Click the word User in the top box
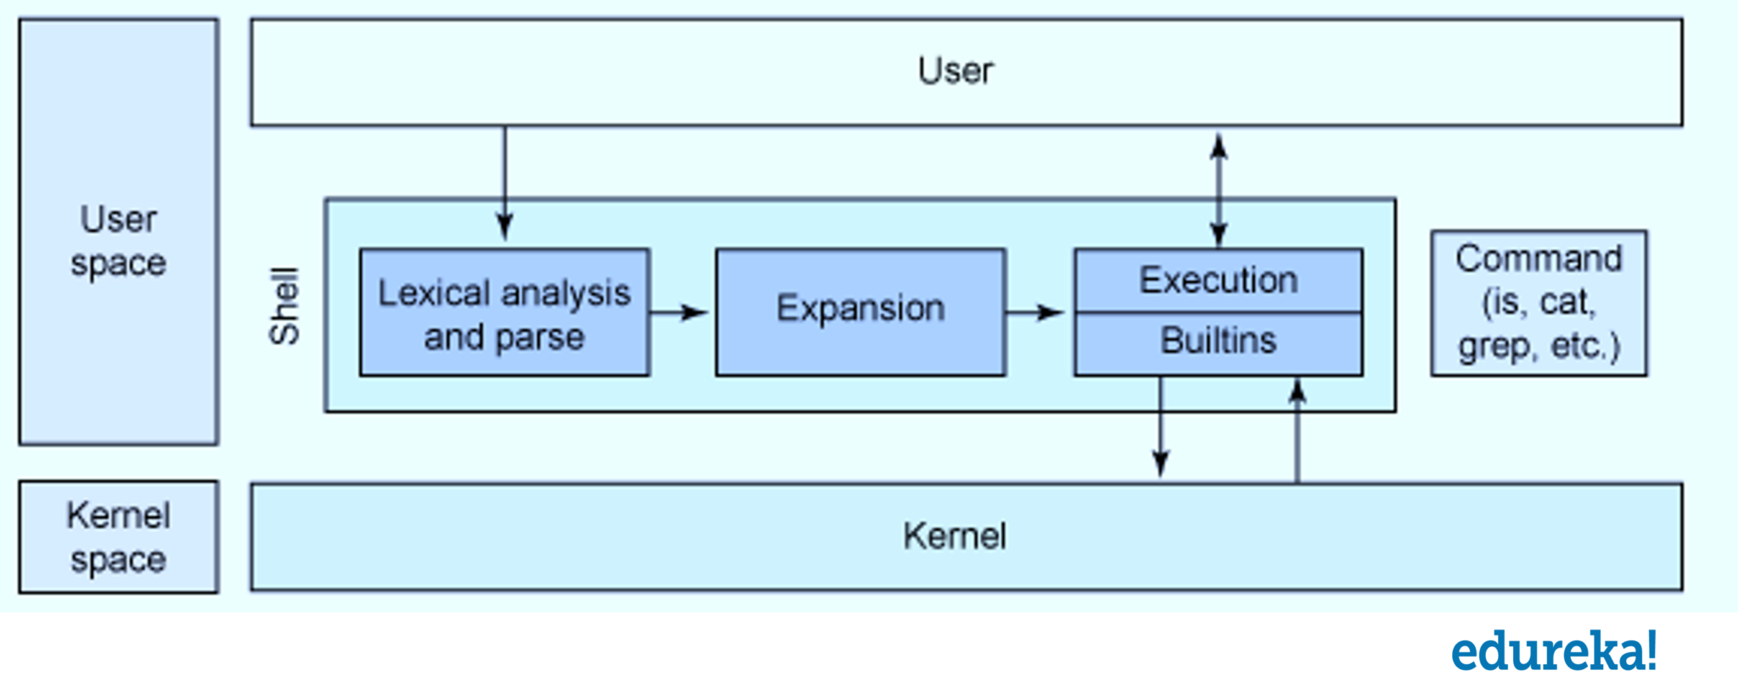tap(955, 71)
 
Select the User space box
tap(119, 232)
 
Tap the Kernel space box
tap(119, 537)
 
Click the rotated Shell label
tap(284, 306)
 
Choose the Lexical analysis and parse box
tap(504, 313)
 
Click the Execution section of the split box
tap(1218, 281)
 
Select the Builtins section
tap(1218, 342)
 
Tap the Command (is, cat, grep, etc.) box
tap(1539, 303)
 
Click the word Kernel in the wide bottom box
tap(955, 537)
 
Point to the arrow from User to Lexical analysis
tap(505, 182)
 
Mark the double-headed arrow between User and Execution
tap(1219, 191)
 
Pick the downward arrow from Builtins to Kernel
tap(1160, 428)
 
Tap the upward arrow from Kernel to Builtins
tap(1297, 433)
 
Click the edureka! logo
tap(1553, 651)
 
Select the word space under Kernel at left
tap(118, 560)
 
